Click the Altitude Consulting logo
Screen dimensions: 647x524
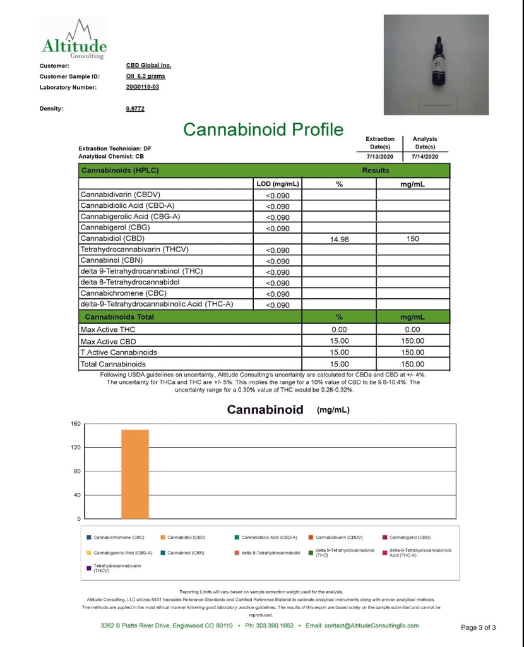click(x=74, y=40)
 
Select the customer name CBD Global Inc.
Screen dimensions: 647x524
click(x=148, y=65)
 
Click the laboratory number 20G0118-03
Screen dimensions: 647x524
click(x=143, y=87)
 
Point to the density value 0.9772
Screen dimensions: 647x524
click(x=135, y=109)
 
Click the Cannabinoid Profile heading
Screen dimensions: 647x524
click(x=263, y=130)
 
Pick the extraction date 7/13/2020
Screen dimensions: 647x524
click(x=380, y=157)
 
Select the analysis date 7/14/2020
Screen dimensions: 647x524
click(x=424, y=157)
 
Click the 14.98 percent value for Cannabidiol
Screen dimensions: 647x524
click(x=340, y=239)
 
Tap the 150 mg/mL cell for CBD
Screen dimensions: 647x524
click(x=413, y=239)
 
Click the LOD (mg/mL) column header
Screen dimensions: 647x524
click(x=277, y=184)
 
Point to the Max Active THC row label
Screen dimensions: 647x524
click(x=108, y=330)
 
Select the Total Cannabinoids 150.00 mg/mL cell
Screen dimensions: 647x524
click(x=413, y=364)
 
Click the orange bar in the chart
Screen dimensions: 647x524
click(x=135, y=474)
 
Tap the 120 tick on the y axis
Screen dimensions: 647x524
click(x=74, y=447)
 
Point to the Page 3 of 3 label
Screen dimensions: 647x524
click(x=479, y=627)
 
